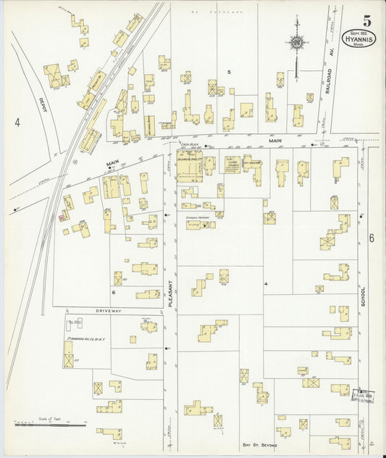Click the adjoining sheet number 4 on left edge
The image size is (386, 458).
[17, 122]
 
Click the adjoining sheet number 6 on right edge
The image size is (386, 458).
[370, 238]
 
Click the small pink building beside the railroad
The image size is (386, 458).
[62, 215]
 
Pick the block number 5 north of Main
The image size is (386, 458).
[228, 72]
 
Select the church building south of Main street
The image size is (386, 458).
[232, 165]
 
